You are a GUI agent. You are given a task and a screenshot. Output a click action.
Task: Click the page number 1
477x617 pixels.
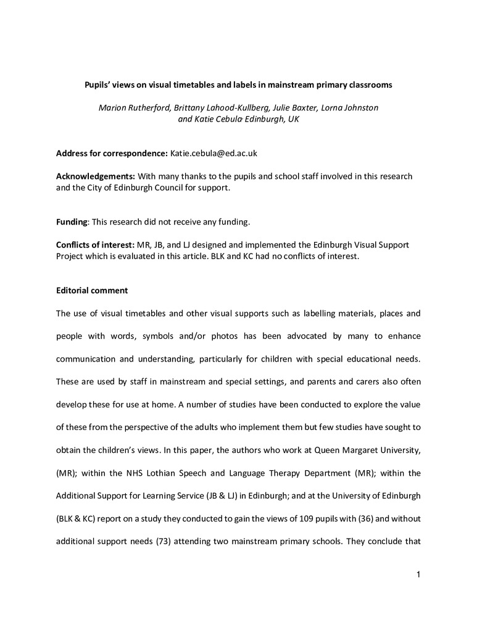pyautogui.click(x=418, y=576)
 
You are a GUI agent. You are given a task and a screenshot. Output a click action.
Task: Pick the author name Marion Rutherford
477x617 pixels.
pyautogui.click(x=133, y=107)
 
